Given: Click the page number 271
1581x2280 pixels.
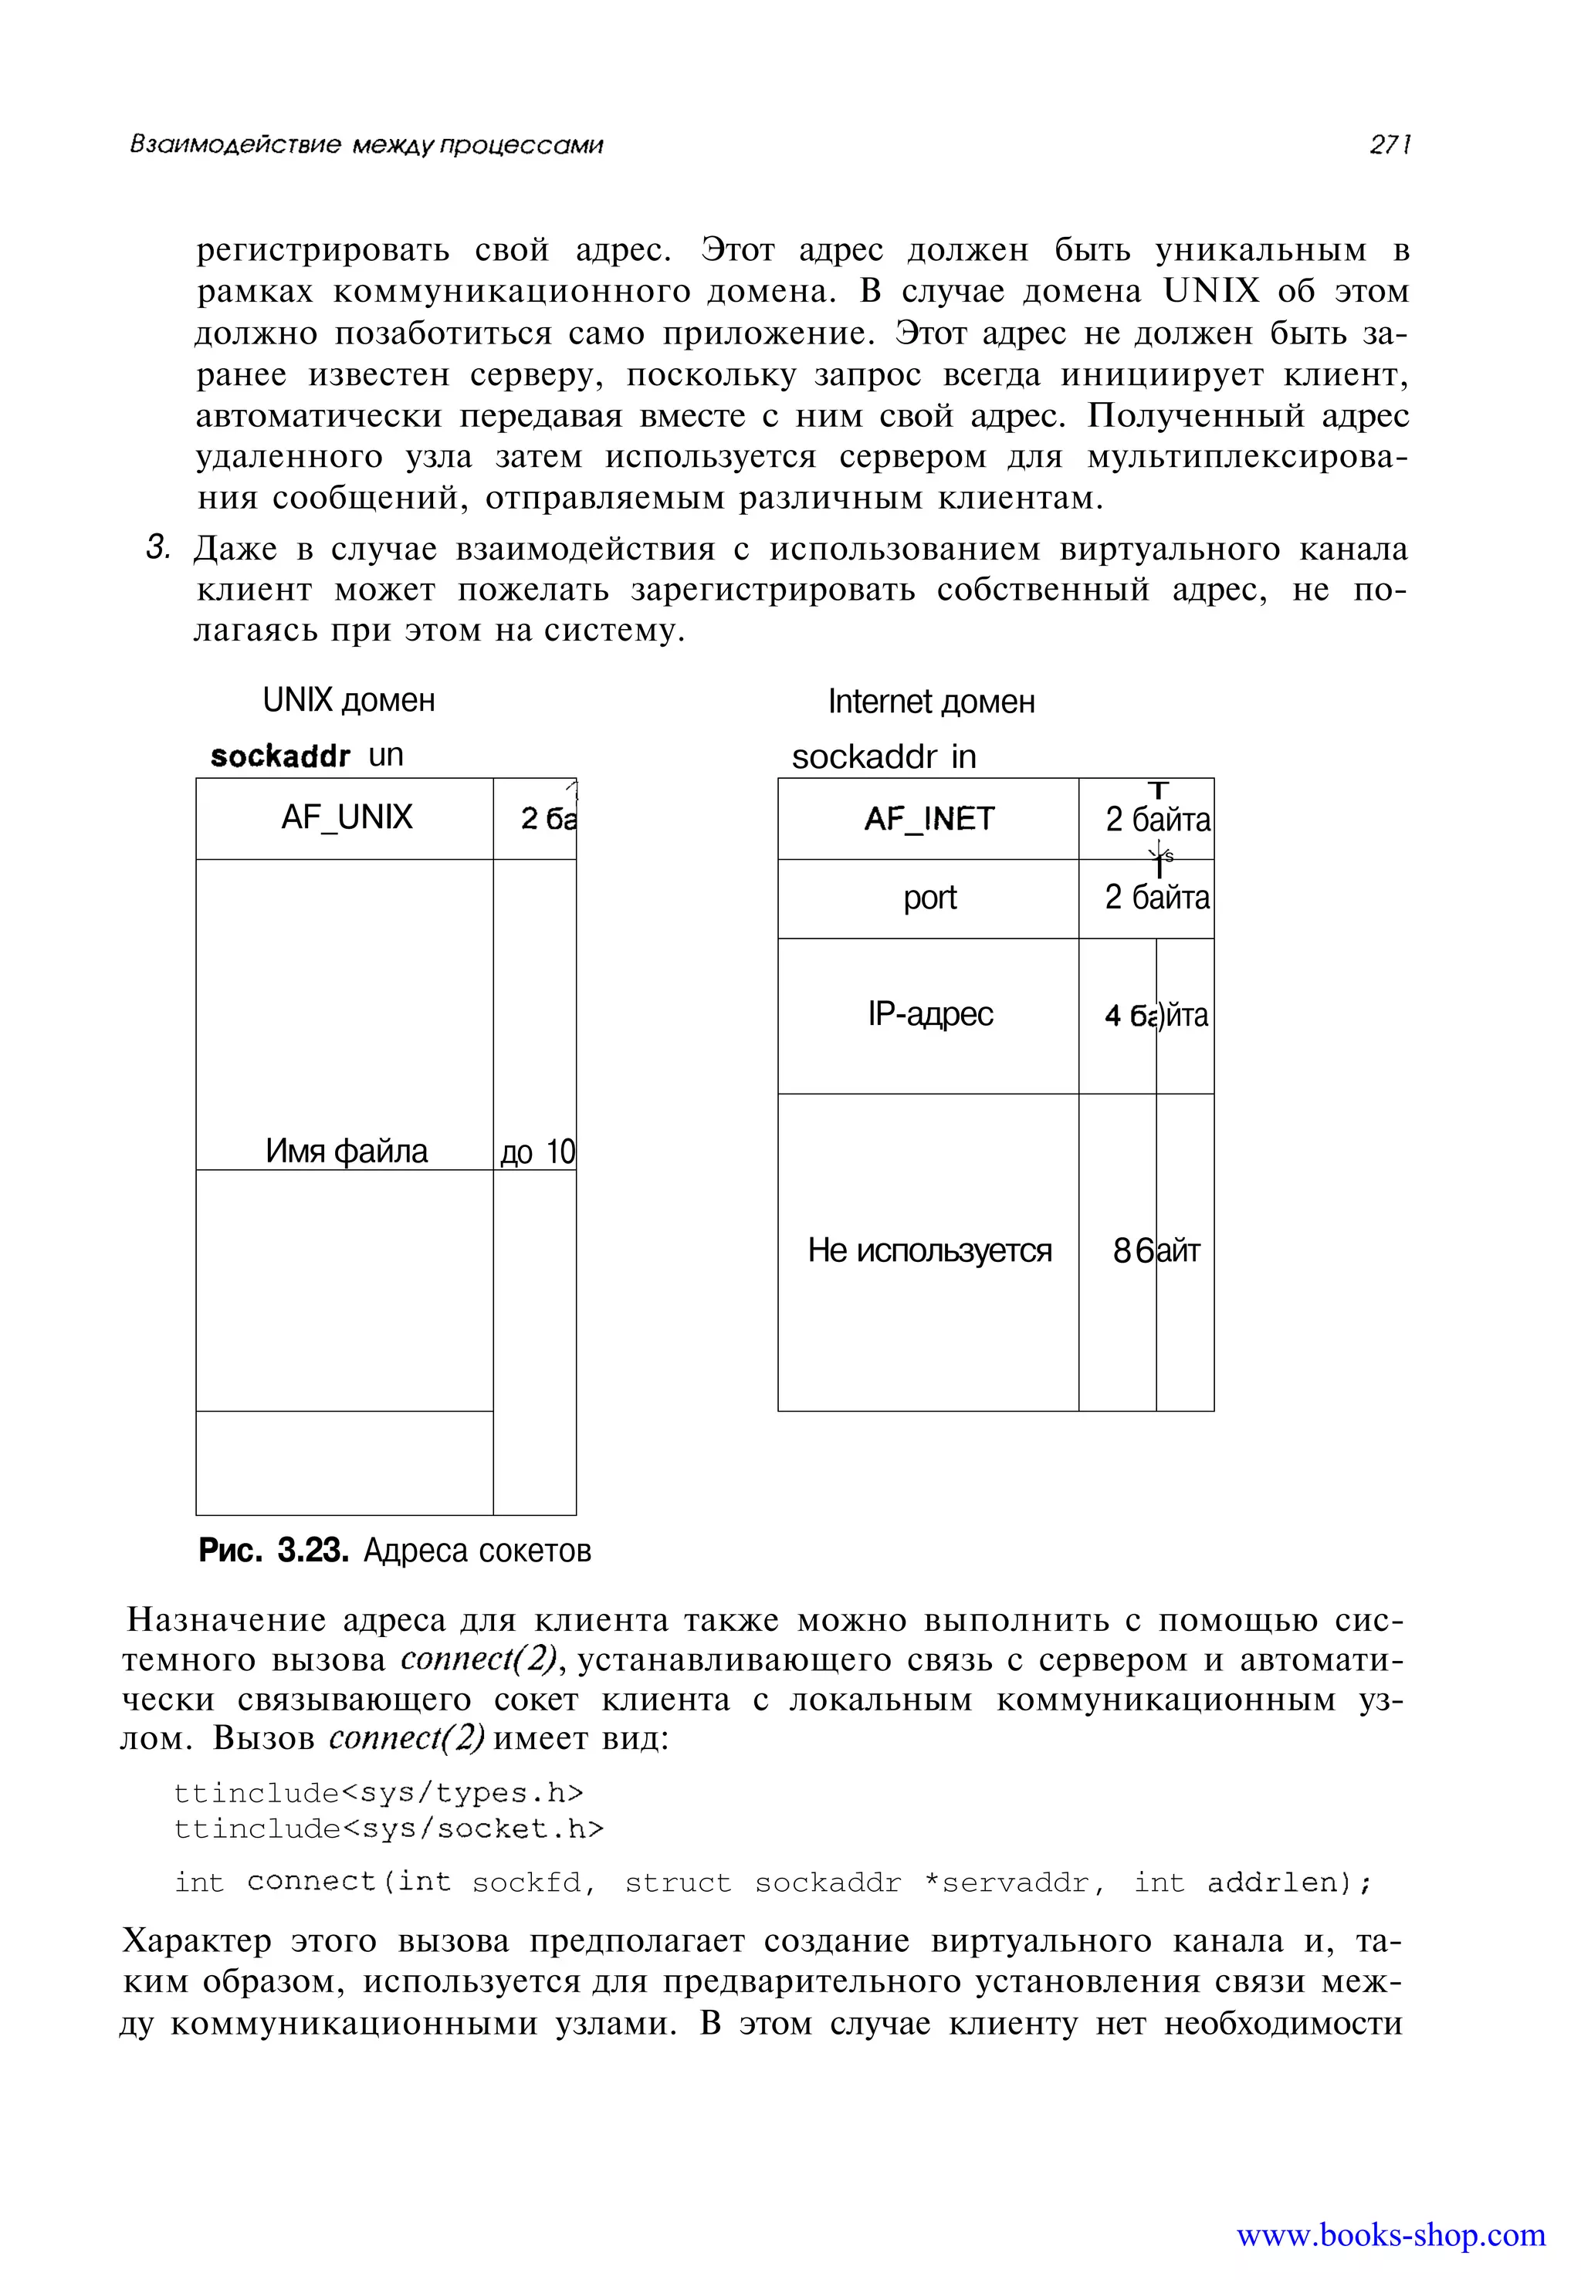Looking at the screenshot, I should click(x=1389, y=146).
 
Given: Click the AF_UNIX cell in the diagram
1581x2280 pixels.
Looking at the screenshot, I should click(x=346, y=818).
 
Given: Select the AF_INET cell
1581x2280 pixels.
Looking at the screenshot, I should click(x=928, y=819).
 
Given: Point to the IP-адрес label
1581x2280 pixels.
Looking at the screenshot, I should click(x=929, y=1014).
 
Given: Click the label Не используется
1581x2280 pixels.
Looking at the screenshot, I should click(x=929, y=1251).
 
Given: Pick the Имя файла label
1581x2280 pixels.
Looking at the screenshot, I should click(x=346, y=1151).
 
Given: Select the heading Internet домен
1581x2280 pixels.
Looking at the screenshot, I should click(x=931, y=702).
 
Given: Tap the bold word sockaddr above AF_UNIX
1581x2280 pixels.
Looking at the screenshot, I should click(x=280, y=756).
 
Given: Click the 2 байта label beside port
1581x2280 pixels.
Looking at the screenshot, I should click(x=1157, y=898).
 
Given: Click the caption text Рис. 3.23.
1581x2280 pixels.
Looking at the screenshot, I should click(x=273, y=1550).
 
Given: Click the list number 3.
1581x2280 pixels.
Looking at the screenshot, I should click(x=157, y=548).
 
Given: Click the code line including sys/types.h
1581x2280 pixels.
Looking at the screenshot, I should click(x=379, y=1793).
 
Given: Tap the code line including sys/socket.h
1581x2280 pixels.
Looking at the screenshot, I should click(x=388, y=1828).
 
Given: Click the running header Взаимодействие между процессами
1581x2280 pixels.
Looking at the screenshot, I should click(x=367, y=146).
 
